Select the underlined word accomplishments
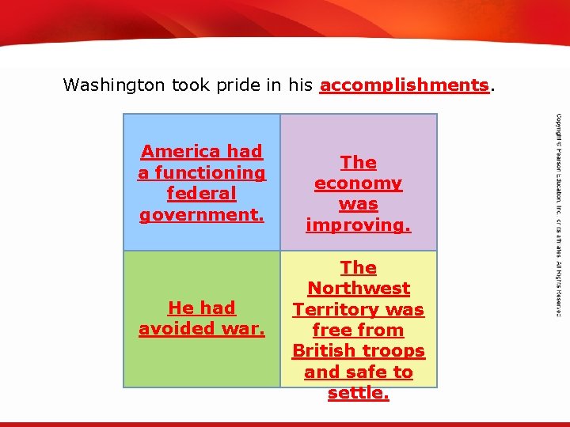point(404,85)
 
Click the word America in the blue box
point(180,152)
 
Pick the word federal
point(202,194)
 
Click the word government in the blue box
point(200,214)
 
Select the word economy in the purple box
point(358,183)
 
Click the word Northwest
point(359,289)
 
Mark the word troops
point(396,351)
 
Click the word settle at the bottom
point(358,393)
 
